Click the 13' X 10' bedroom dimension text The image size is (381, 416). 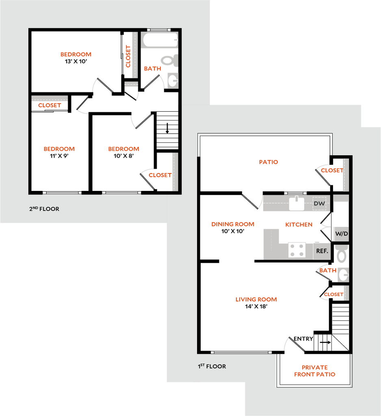click(76, 61)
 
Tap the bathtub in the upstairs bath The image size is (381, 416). click(160, 40)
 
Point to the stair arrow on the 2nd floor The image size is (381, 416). click(167, 128)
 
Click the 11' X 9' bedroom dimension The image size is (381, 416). click(59, 156)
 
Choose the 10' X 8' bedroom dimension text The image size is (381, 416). click(123, 156)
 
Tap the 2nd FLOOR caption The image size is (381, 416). click(44, 209)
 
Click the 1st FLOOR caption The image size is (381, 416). click(212, 366)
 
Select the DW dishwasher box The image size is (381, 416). click(319, 204)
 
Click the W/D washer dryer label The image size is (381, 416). click(342, 234)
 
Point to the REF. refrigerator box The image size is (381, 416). click(322, 251)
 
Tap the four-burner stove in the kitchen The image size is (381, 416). click(297, 250)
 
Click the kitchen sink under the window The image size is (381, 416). click(297, 203)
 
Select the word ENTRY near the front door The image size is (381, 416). click(303, 339)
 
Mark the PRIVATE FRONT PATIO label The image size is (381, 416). click(315, 371)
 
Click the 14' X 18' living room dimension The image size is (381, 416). click(256, 306)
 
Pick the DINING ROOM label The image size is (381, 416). click(233, 224)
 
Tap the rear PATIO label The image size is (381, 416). click(268, 162)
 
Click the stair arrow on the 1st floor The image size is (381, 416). click(325, 342)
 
